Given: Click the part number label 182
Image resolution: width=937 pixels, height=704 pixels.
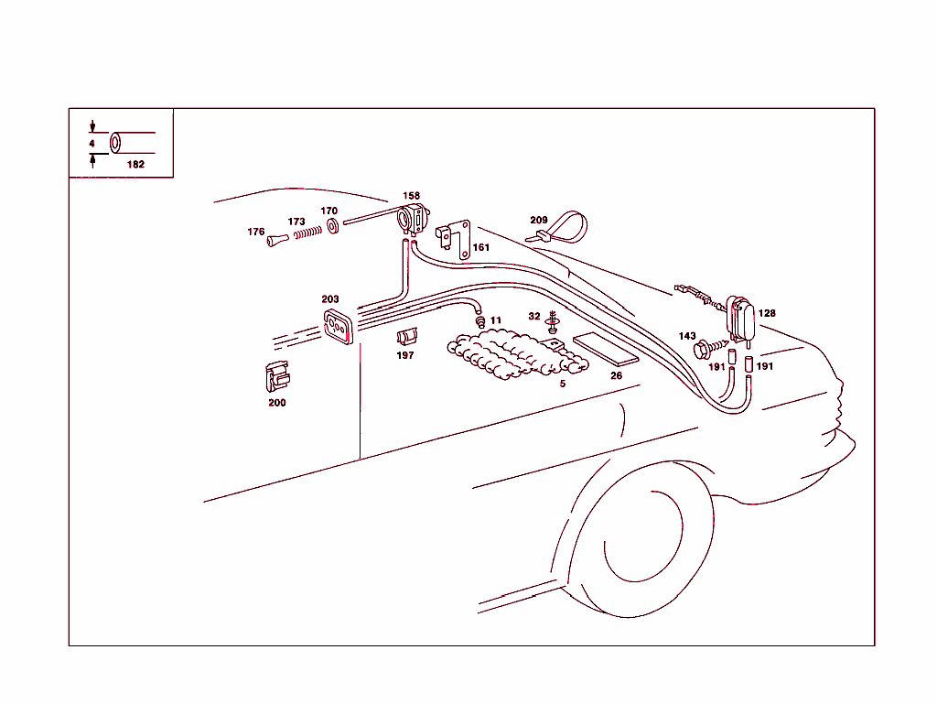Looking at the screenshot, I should [135, 165].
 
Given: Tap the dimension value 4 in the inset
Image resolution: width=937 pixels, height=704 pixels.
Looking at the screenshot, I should [92, 144].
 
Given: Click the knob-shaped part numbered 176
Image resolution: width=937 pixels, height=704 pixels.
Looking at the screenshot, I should [277, 239].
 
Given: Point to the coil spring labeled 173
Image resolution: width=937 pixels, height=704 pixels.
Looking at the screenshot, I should [307, 233].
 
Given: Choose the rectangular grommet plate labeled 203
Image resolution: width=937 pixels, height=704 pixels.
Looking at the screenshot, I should [337, 327].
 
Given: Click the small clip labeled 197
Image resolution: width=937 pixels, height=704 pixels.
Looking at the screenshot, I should [406, 337].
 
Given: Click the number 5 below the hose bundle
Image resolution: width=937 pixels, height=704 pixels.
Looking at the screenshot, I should [562, 384].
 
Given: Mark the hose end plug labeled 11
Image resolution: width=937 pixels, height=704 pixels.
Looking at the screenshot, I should [479, 322].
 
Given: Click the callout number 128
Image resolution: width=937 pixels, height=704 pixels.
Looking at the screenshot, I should [767, 313].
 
